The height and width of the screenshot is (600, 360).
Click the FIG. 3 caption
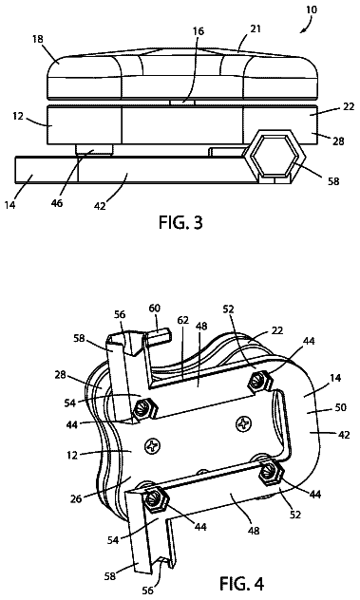pos(180,222)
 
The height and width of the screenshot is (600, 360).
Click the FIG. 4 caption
pos(241,583)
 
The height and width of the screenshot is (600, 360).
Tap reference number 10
pos(312,9)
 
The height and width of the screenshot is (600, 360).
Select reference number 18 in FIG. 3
pos(38,39)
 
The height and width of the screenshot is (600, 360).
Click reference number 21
pos(256,28)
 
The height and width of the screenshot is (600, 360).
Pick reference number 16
pos(199,31)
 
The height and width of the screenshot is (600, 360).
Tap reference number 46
pos(57,203)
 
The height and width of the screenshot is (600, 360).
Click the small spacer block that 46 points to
pos(94,149)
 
